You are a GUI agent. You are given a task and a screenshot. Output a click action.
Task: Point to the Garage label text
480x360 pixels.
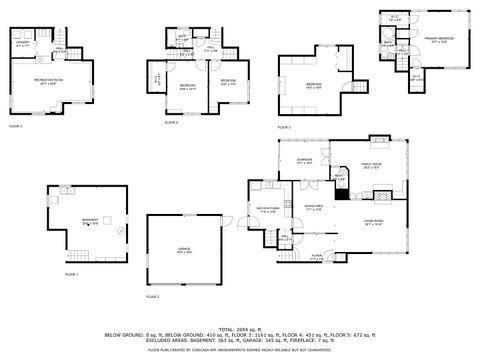pyautogui.click(x=182, y=251)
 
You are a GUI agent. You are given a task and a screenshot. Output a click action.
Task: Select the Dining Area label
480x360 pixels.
pyautogui.click(x=314, y=208)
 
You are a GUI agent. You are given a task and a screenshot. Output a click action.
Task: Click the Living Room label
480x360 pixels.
pyautogui.click(x=375, y=224)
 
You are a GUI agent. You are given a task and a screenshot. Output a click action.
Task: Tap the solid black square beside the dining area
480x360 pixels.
pyautogui.click(x=341, y=195)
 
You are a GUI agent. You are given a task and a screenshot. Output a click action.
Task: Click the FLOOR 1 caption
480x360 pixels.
pyautogui.click(x=71, y=273)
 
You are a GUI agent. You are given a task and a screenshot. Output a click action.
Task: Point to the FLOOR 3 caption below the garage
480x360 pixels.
pyautogui.click(x=152, y=296)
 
